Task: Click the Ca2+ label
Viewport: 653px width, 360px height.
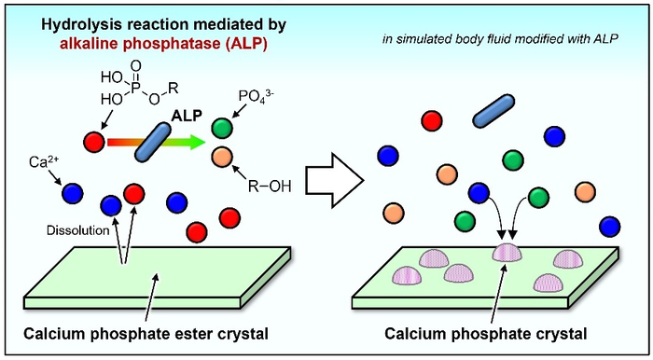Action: coord(40,162)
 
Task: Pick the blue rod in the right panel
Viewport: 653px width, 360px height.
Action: coord(495,108)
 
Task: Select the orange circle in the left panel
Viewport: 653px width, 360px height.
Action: coord(220,156)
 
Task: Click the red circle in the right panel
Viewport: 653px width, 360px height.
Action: coord(431,120)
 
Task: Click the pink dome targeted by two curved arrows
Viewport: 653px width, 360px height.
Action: coord(507,252)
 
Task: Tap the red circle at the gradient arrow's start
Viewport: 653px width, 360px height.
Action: coord(94,142)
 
